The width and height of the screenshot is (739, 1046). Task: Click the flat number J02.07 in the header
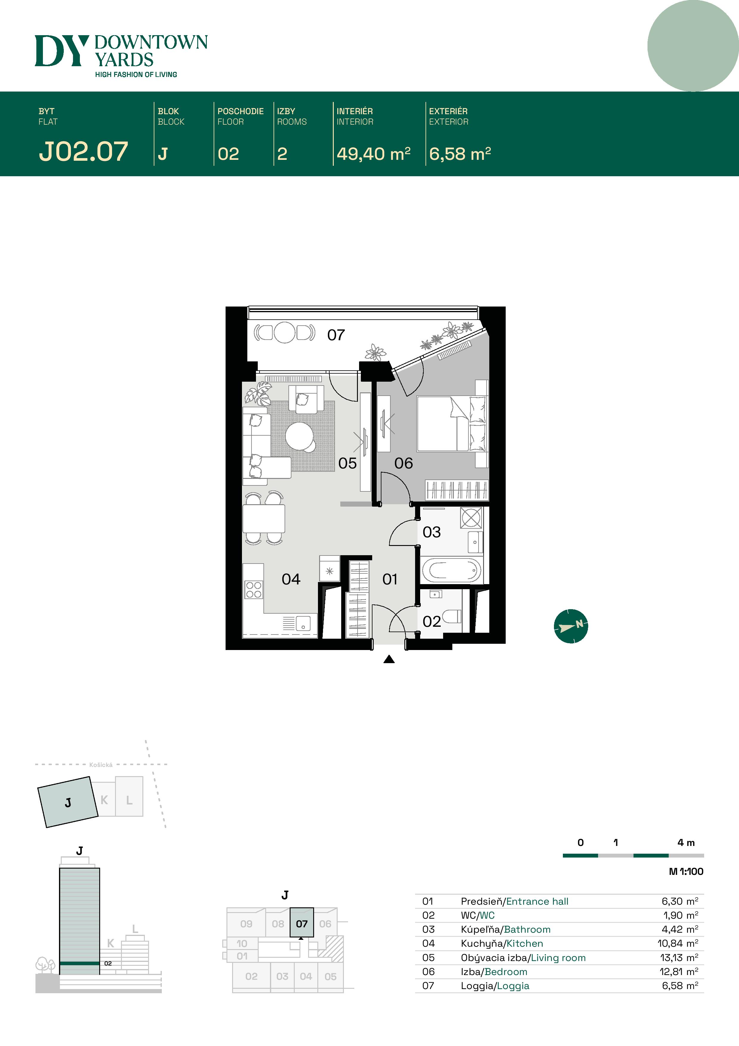pyautogui.click(x=83, y=152)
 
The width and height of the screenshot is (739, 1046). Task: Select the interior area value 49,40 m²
pyautogui.click(x=373, y=154)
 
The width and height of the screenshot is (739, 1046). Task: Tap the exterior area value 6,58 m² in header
pyautogui.click(x=460, y=154)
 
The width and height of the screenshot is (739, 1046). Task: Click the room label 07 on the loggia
pyautogui.click(x=336, y=335)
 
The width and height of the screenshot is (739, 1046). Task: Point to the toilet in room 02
pyautogui.click(x=452, y=617)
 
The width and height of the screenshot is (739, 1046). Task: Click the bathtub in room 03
pyautogui.click(x=451, y=570)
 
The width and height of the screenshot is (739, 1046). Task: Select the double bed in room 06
pyautogui.click(x=451, y=424)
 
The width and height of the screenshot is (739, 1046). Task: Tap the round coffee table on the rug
pyautogui.click(x=299, y=436)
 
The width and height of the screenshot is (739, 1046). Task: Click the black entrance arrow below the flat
pyautogui.click(x=389, y=659)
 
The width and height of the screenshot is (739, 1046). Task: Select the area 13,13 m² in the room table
pyautogui.click(x=679, y=958)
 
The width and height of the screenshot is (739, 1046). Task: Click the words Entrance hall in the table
pyautogui.click(x=537, y=901)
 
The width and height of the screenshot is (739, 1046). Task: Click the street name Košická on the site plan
pyautogui.click(x=101, y=765)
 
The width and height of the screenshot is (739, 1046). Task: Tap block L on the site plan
pyautogui.click(x=129, y=800)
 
